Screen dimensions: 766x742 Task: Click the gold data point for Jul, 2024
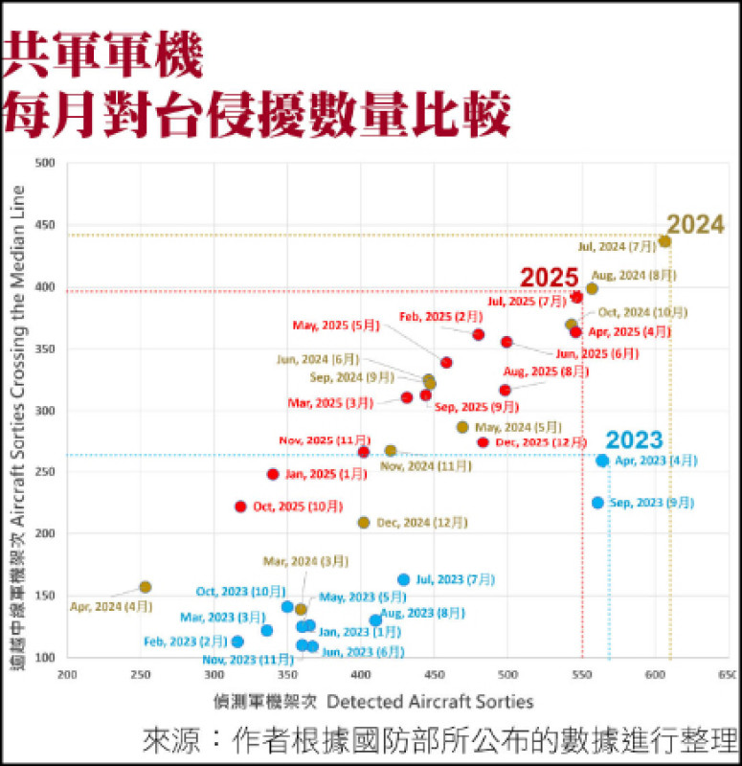(664, 241)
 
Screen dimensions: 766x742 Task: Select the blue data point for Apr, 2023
(602, 461)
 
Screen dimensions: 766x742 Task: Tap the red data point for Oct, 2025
(240, 507)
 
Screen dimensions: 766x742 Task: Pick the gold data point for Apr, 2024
(146, 587)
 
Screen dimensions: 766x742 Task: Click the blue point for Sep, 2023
(597, 503)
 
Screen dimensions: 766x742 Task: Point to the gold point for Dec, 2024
(364, 523)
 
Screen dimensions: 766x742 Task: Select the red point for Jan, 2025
(273, 474)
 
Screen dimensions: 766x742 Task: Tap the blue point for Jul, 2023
(404, 579)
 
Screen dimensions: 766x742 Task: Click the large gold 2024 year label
(695, 225)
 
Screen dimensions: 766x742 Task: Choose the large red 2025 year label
(549, 278)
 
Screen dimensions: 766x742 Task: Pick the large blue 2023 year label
(634, 439)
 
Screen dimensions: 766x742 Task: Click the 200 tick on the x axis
(67, 676)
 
